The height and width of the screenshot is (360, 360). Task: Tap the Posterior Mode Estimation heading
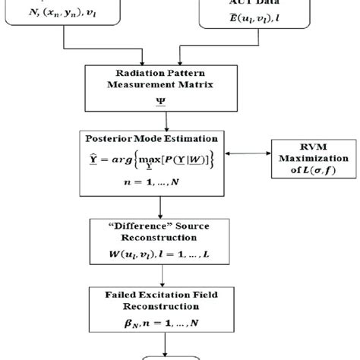[160, 138]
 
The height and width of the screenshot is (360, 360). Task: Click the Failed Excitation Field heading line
[160, 295]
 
